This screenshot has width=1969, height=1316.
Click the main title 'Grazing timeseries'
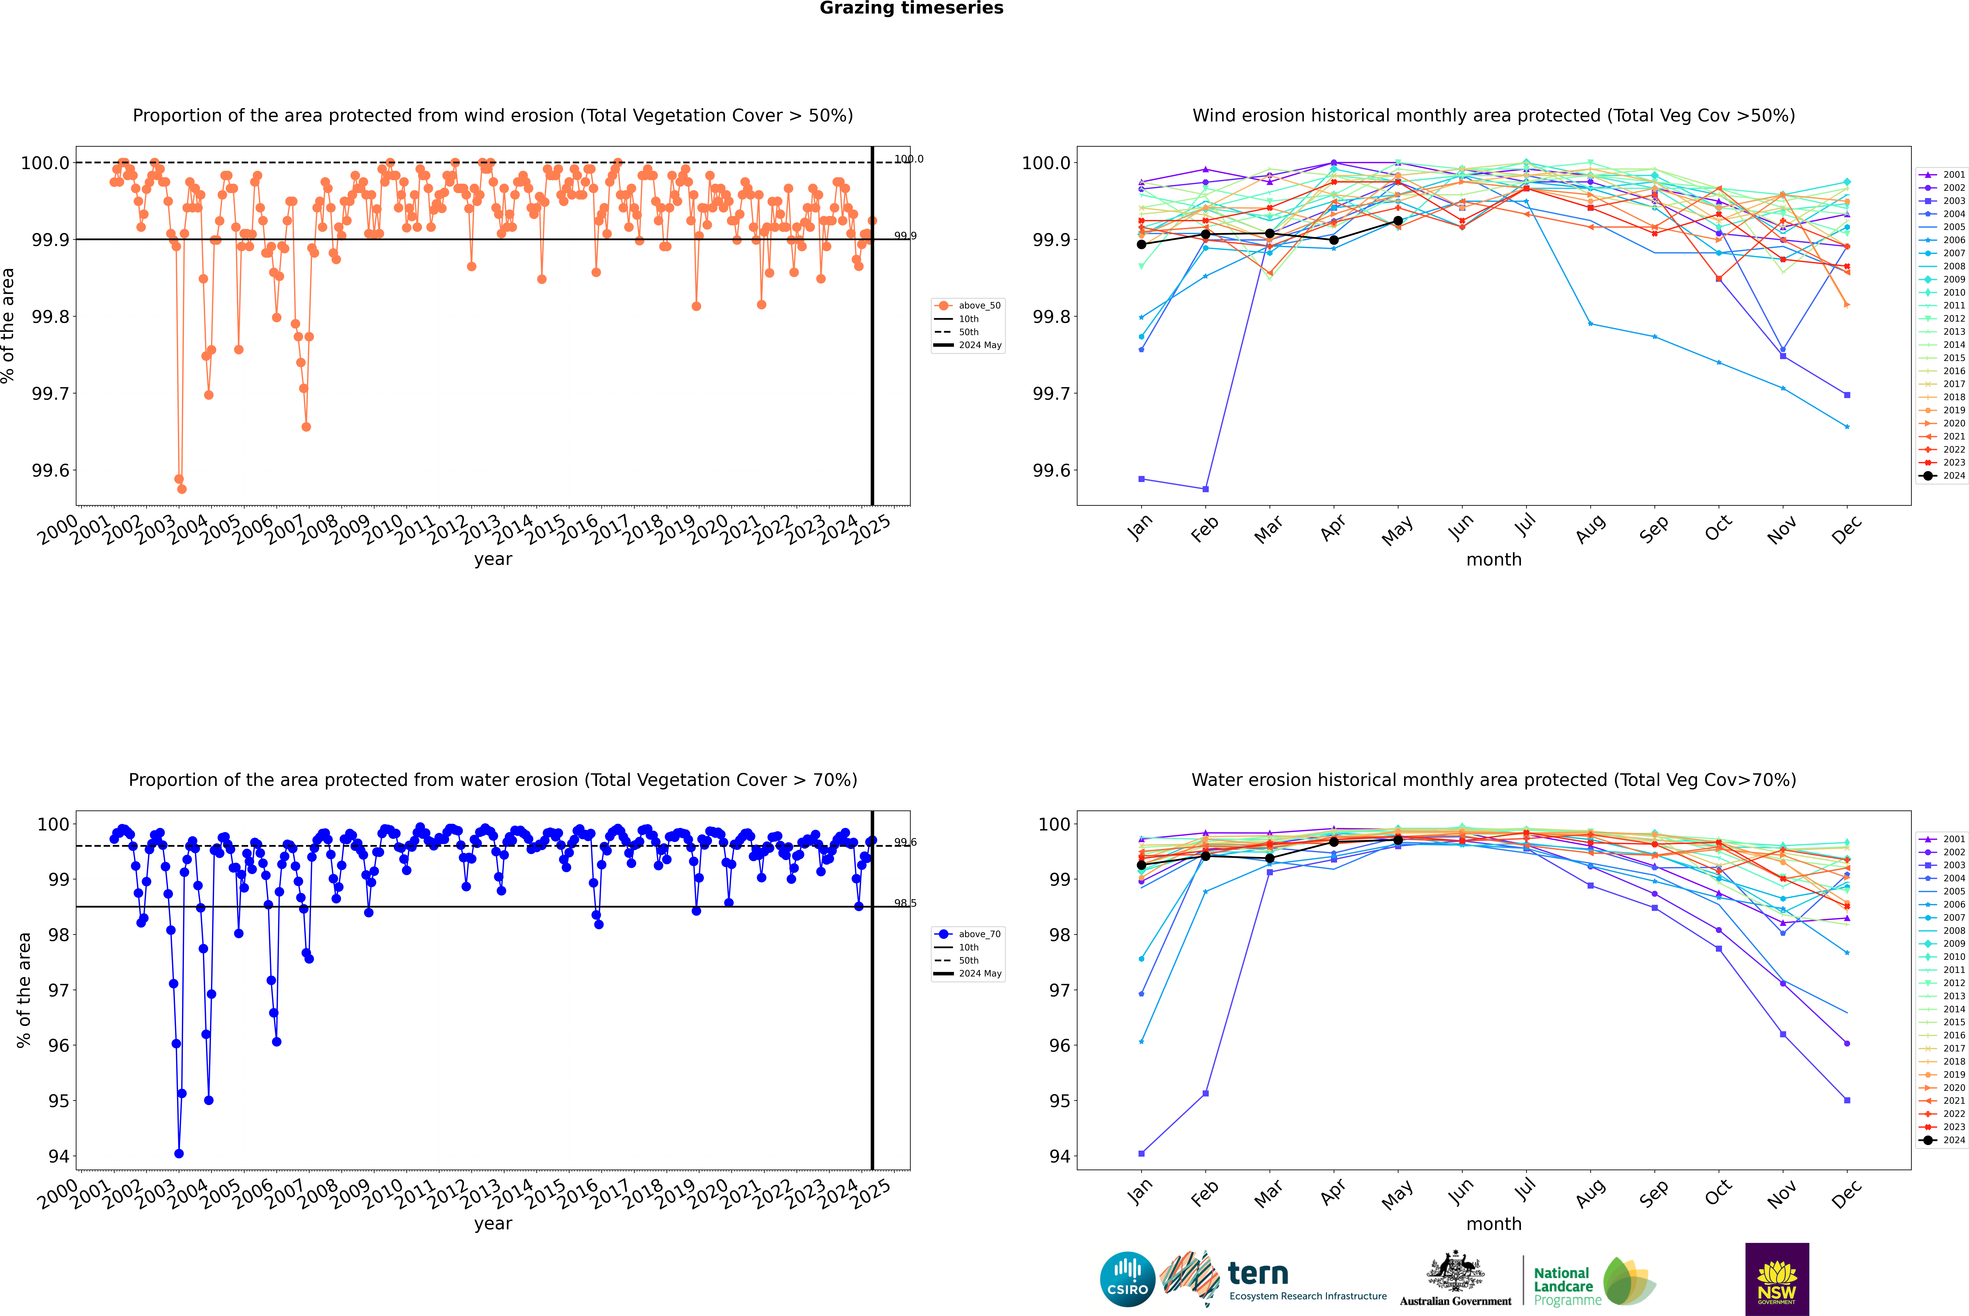(x=911, y=8)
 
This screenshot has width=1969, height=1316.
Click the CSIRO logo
(x=1127, y=1279)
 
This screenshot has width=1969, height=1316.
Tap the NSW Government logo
(x=1777, y=1279)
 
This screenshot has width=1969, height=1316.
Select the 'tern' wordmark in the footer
(x=1257, y=1274)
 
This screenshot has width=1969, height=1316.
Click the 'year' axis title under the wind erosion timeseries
(x=493, y=559)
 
